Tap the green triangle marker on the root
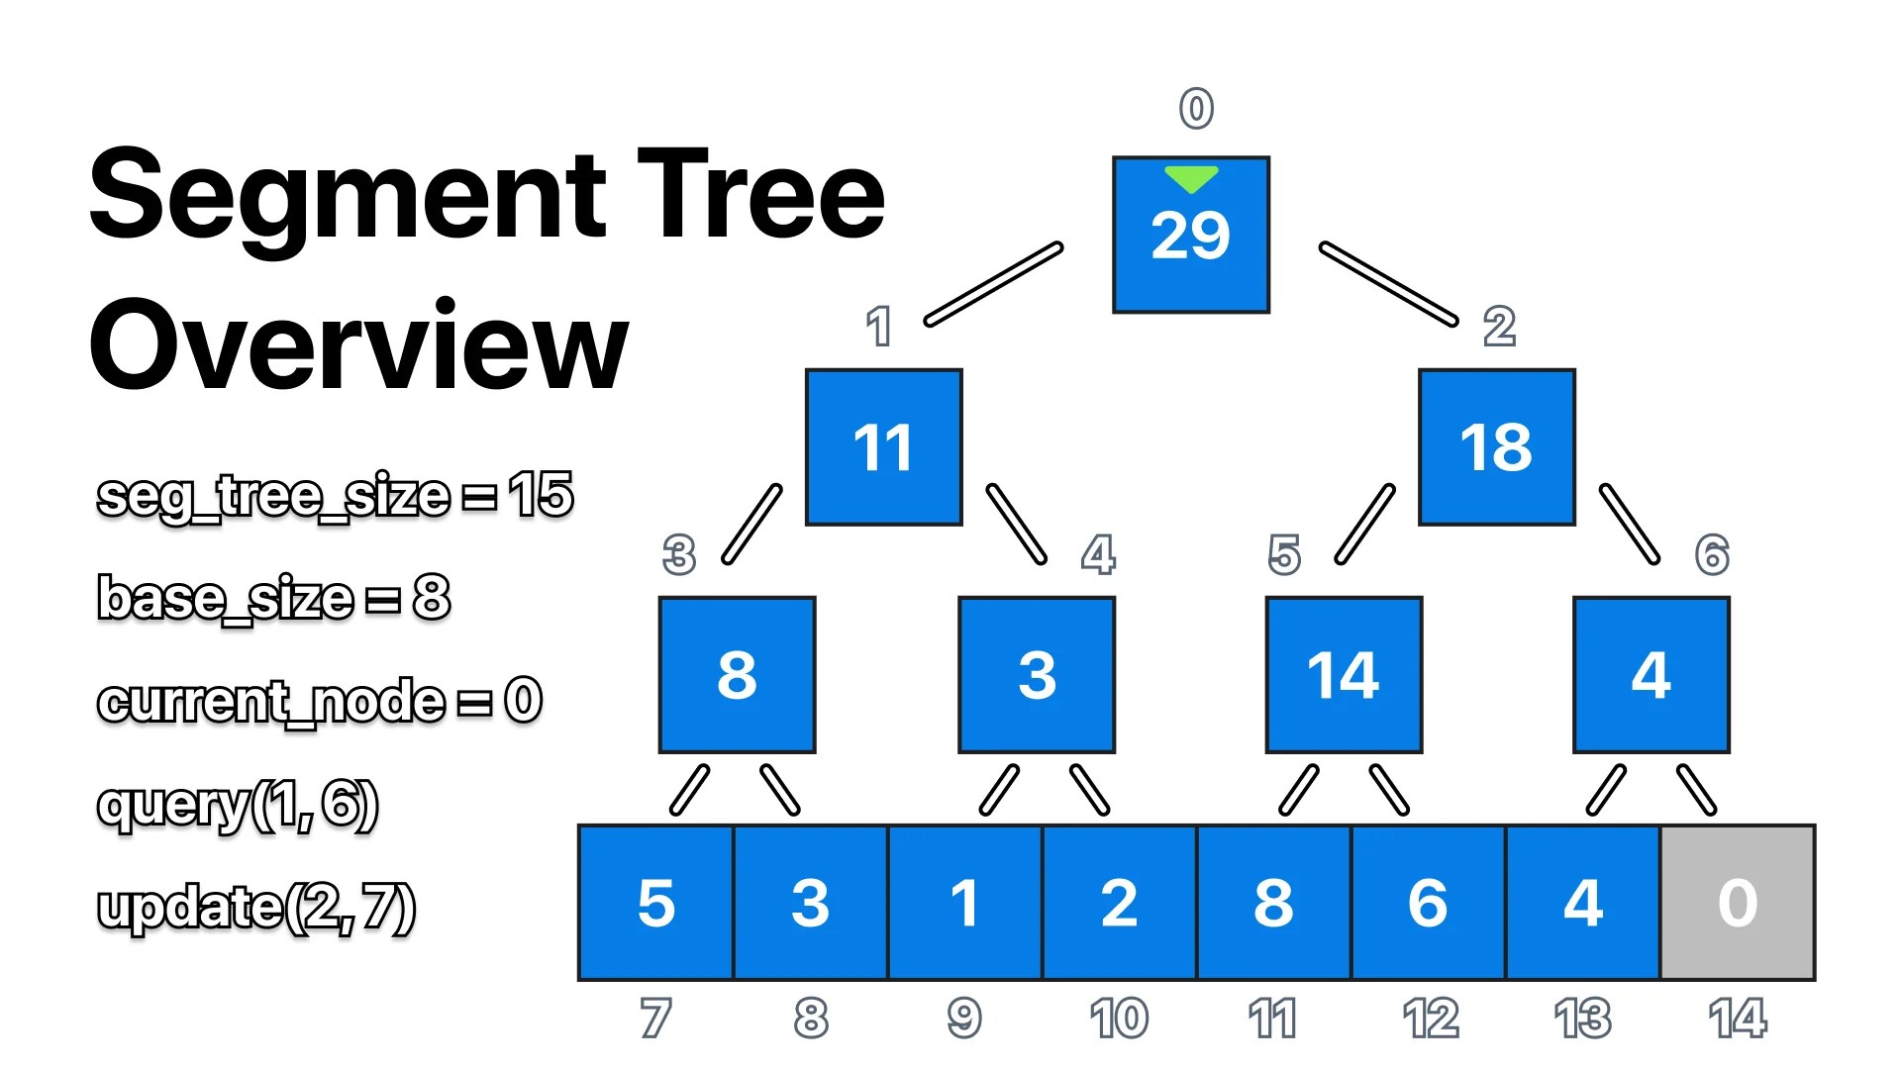pos(1191,179)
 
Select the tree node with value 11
pos(883,447)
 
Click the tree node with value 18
pos(1496,447)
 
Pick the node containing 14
pos(1344,675)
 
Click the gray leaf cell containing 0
pos(1738,903)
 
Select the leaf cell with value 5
pos(655,903)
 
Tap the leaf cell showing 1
pos(964,903)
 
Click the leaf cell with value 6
pos(1428,903)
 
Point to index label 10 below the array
pos(1119,1018)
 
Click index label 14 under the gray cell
pos(1738,1018)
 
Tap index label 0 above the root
pos(1196,108)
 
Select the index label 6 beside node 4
pos(1712,554)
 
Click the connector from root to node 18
pos(1388,284)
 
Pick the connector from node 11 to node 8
pos(752,524)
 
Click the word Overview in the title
pos(358,345)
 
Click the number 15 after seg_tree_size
pos(541,494)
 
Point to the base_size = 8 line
pos(274,598)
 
